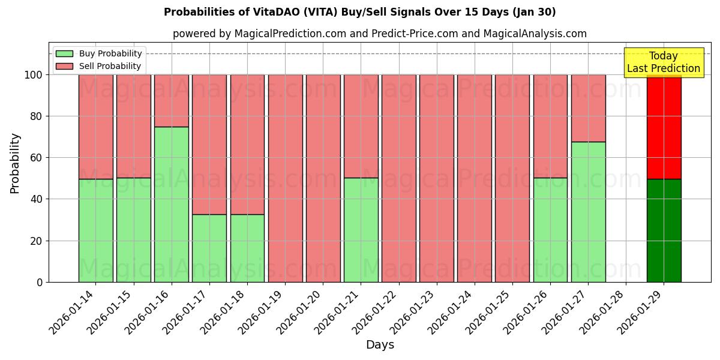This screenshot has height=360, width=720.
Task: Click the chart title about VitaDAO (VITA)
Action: (x=359, y=12)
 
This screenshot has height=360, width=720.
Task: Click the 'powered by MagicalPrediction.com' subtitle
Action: (x=379, y=34)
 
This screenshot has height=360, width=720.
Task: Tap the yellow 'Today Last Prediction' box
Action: (x=663, y=62)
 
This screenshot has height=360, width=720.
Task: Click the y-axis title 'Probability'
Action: (x=15, y=163)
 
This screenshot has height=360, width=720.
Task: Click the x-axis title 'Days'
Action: (x=380, y=345)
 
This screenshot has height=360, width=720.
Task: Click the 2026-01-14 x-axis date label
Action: (x=72, y=312)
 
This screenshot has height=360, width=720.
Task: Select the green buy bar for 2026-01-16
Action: (x=172, y=204)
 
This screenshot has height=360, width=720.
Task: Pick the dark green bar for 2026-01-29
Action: (x=664, y=230)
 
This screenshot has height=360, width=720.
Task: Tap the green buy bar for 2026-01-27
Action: (x=588, y=212)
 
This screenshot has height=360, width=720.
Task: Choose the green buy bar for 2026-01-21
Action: (x=361, y=230)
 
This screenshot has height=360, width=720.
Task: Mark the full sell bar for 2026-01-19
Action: (x=285, y=178)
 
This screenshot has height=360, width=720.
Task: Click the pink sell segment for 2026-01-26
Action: (x=550, y=126)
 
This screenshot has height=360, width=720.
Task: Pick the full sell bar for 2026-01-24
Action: (x=475, y=178)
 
